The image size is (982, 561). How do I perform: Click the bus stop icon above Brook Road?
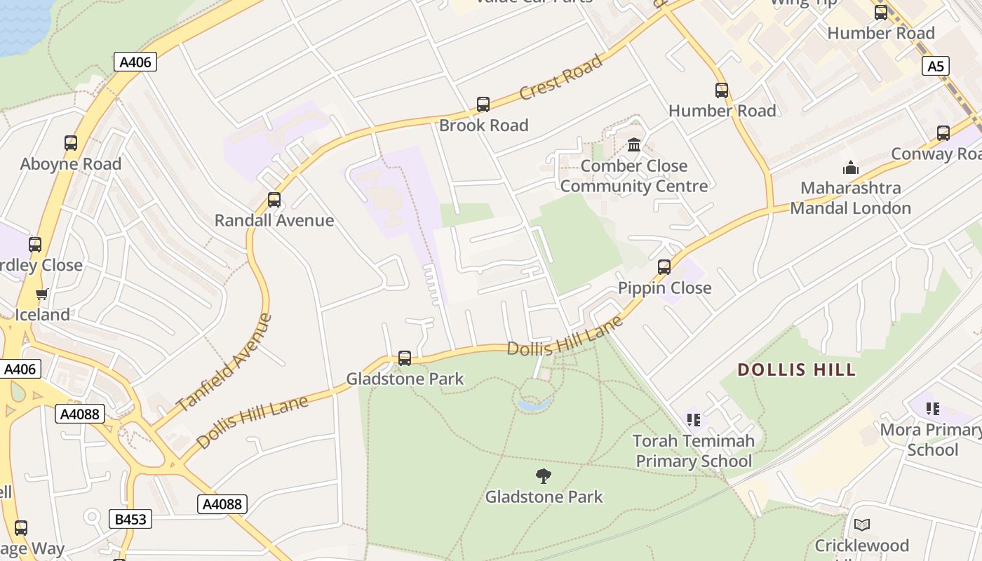click(483, 104)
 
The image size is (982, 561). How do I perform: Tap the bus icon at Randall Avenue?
click(274, 200)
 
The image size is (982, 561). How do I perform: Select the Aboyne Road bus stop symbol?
click(71, 143)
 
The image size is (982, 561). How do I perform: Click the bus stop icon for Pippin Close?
click(664, 267)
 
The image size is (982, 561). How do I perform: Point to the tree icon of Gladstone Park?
click(544, 477)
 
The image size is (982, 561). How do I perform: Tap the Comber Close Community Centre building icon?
click(634, 145)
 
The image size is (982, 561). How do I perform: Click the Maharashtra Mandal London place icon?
click(851, 168)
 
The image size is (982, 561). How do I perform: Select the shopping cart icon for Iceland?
click(42, 294)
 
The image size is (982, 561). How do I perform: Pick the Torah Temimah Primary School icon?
click(694, 420)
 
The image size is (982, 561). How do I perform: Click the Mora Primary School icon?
click(932, 408)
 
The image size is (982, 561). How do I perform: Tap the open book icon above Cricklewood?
click(862, 525)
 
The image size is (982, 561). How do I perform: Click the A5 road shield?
click(936, 67)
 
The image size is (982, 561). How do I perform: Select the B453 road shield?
click(130, 519)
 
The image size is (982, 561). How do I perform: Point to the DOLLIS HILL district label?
click(797, 370)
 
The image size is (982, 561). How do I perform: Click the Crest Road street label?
click(561, 77)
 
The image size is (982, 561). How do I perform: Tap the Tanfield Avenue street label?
click(224, 363)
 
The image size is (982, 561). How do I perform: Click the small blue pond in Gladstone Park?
click(534, 405)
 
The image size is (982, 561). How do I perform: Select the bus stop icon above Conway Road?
click(943, 133)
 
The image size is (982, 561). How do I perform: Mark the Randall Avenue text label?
click(274, 220)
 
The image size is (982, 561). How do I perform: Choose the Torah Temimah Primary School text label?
click(694, 451)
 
